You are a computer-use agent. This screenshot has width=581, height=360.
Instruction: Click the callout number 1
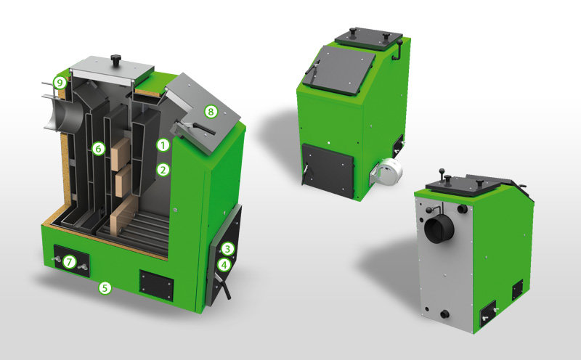point(163,145)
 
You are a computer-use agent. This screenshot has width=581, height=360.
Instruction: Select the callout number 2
point(163,170)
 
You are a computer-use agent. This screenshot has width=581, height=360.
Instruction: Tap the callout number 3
point(227,248)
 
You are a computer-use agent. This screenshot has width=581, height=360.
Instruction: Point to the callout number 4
point(224,265)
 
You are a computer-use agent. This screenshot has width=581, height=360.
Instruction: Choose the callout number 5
point(105,287)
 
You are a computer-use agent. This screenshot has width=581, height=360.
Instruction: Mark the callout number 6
point(98,149)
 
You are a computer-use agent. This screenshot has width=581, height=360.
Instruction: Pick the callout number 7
point(69,262)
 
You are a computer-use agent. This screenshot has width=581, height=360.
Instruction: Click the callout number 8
point(211,112)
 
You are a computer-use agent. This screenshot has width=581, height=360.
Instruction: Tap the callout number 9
point(60,82)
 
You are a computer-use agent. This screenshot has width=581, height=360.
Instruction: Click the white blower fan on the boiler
point(389,170)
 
